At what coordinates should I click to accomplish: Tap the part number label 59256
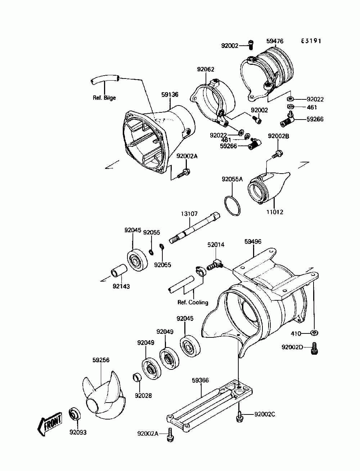[101, 360]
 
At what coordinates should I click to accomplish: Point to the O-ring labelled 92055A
[232, 206]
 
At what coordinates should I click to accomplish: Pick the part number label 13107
[189, 214]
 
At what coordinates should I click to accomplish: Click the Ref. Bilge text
[104, 98]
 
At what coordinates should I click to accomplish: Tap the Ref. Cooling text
[193, 302]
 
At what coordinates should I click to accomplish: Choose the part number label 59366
[201, 380]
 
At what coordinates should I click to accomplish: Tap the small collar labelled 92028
[137, 378]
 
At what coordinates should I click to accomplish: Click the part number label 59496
[253, 241]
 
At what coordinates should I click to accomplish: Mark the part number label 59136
[170, 95]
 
